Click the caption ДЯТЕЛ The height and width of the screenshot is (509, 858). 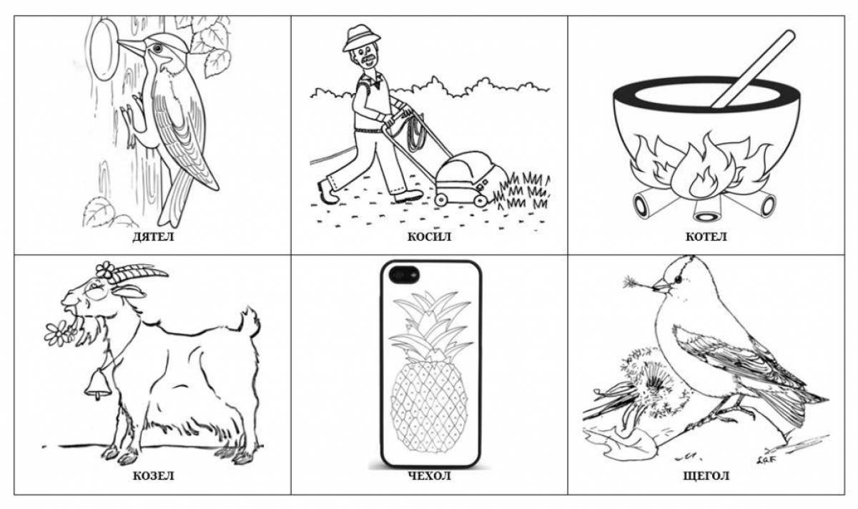click(153, 236)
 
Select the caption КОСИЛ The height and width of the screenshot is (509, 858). click(429, 236)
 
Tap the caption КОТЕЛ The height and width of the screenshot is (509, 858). click(706, 236)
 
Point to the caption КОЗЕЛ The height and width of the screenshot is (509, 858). click(153, 476)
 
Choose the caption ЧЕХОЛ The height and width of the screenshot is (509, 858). click(429, 476)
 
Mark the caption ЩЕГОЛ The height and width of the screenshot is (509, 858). click(706, 476)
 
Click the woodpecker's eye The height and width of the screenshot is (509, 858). click(157, 48)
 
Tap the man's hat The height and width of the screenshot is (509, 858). click(361, 37)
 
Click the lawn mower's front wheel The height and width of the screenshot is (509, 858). click(480, 200)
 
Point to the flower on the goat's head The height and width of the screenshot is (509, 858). click(105, 270)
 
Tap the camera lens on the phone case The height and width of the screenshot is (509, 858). click(404, 275)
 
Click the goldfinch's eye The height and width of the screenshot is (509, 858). click(679, 279)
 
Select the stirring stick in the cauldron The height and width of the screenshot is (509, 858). click(753, 69)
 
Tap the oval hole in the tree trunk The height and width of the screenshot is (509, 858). click(103, 50)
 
